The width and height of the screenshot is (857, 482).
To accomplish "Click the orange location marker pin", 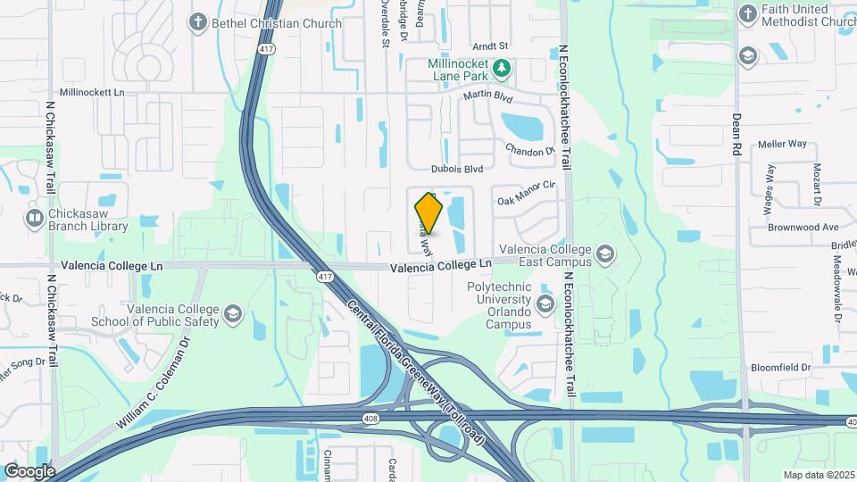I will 429,214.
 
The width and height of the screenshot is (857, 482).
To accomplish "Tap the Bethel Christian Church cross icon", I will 197,23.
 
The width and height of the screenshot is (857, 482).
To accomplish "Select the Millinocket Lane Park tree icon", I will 503,67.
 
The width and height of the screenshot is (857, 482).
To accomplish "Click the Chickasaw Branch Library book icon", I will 35,217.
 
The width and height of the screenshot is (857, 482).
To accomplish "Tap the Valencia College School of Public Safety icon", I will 233,313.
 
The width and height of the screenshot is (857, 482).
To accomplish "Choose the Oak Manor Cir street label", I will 527,186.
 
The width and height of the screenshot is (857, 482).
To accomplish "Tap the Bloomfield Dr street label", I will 780,367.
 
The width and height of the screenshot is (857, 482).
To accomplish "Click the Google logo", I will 29,471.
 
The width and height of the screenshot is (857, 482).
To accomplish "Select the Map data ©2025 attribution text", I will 818,475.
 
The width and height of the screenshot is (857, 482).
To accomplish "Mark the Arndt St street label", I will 490,45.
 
